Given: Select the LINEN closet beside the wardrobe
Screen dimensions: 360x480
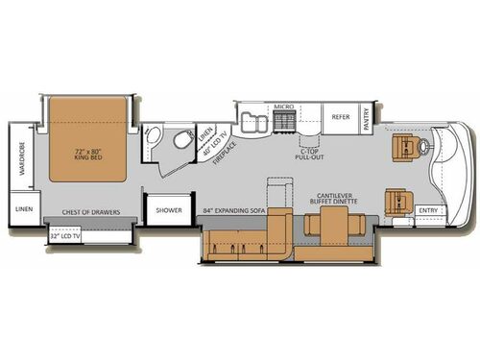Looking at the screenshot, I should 20,208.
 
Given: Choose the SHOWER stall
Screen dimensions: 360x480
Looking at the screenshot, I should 169,209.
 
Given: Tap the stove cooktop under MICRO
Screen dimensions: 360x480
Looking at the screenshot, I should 284,121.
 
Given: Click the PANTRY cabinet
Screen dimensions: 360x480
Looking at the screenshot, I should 367,117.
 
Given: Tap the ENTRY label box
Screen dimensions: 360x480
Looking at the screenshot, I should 428,211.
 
